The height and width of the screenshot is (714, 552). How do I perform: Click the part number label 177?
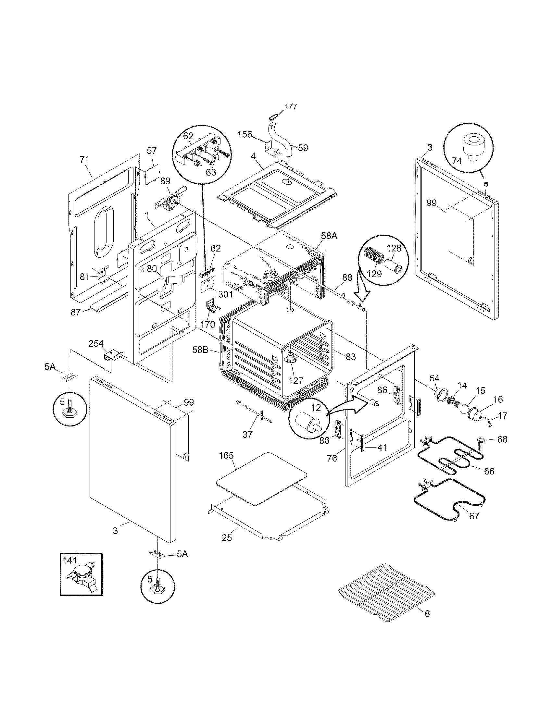click(x=290, y=106)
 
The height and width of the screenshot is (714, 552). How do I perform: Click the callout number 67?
click(x=474, y=516)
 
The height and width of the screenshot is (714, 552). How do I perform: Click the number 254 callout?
click(x=96, y=344)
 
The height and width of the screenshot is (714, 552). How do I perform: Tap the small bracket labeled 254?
click(x=113, y=355)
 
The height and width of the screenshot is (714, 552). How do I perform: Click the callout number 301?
click(x=225, y=294)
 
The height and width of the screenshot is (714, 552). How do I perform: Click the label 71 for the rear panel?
click(x=84, y=160)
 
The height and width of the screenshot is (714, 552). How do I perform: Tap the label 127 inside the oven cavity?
click(x=295, y=381)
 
